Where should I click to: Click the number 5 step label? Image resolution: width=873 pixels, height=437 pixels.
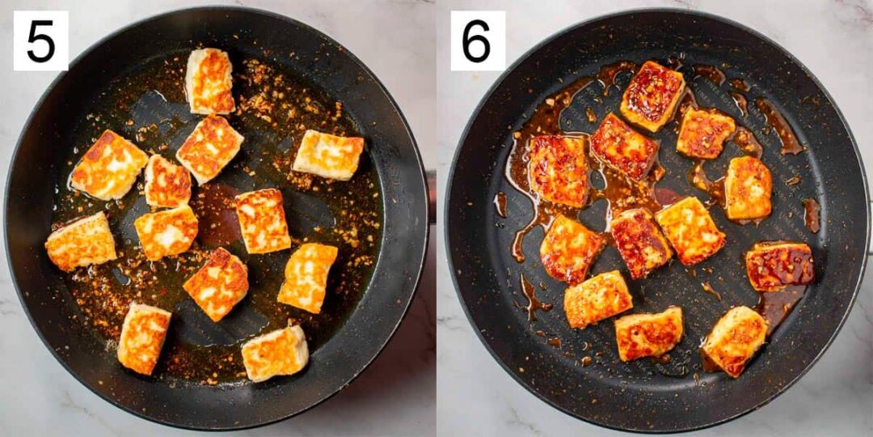click(40, 40)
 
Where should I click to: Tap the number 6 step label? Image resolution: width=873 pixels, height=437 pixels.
click(477, 40)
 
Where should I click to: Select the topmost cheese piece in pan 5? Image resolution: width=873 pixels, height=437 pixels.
click(209, 81)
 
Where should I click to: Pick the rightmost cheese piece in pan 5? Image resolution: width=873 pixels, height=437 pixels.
click(328, 154)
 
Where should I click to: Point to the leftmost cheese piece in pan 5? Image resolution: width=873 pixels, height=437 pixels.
click(81, 241)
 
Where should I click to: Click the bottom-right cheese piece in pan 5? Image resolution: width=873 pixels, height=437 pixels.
click(275, 354)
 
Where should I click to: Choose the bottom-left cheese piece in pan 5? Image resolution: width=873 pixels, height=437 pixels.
click(144, 337)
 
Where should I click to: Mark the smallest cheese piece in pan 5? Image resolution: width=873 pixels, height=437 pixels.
click(167, 181)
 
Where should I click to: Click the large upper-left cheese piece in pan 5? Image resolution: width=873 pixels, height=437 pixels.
click(109, 164)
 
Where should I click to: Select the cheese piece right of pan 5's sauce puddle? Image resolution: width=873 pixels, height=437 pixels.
click(263, 221)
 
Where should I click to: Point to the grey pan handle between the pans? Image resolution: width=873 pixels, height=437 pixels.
click(432, 194)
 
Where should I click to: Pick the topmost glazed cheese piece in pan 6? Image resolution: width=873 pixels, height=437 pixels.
click(652, 95)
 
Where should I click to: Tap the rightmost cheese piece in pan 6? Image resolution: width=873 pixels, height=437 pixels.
click(779, 265)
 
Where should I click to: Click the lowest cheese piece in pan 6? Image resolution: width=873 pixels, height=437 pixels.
click(648, 333)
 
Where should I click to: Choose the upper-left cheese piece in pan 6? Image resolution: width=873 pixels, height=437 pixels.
click(558, 170)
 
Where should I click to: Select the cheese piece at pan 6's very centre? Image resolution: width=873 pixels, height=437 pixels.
click(641, 242)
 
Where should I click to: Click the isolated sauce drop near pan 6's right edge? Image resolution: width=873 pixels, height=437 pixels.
click(812, 215)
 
